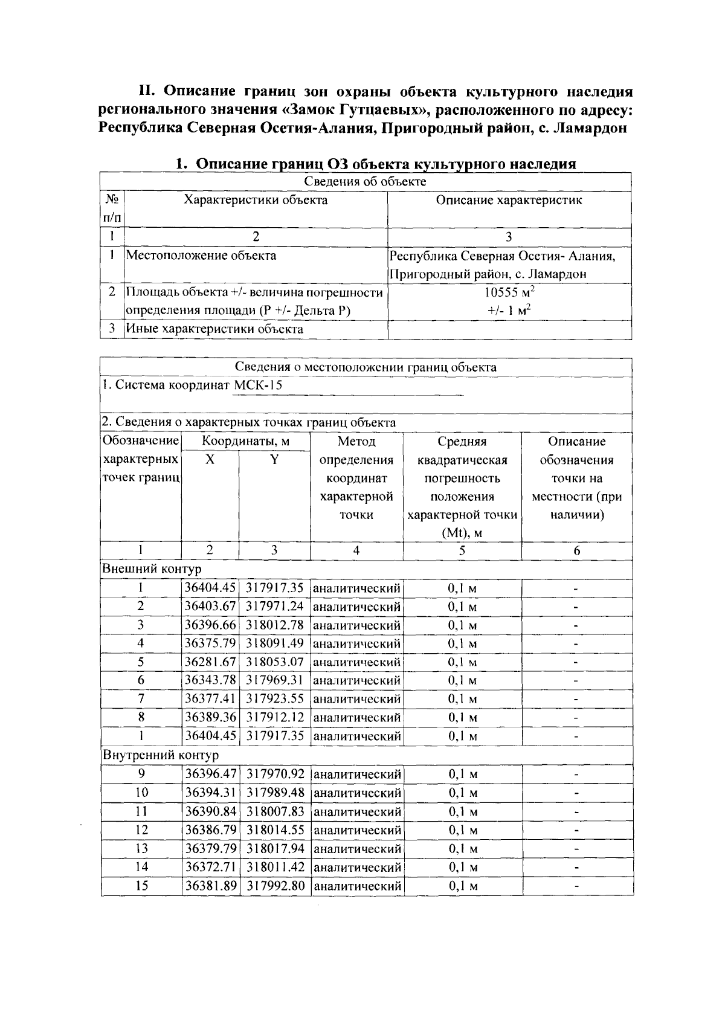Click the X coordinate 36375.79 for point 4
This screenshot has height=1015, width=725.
(210, 643)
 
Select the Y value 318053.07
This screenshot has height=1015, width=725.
(275, 662)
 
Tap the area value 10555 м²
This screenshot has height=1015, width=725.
(509, 292)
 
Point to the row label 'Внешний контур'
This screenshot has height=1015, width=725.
(152, 569)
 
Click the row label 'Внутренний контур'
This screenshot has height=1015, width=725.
(161, 755)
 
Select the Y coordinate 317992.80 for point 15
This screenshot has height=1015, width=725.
(275, 886)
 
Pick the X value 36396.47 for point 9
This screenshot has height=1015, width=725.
(210, 774)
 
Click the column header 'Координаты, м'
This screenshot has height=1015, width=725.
(245, 442)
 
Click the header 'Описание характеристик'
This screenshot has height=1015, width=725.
(509, 201)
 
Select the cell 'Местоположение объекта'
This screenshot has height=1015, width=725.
(201, 256)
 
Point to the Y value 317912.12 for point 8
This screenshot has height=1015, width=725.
(275, 717)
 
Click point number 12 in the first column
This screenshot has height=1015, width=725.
(141, 830)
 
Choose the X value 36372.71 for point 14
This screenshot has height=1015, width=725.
(210, 868)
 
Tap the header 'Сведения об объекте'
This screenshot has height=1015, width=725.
(365, 182)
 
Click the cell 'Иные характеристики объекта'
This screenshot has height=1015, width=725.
(214, 329)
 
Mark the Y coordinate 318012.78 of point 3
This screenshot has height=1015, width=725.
(275, 625)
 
